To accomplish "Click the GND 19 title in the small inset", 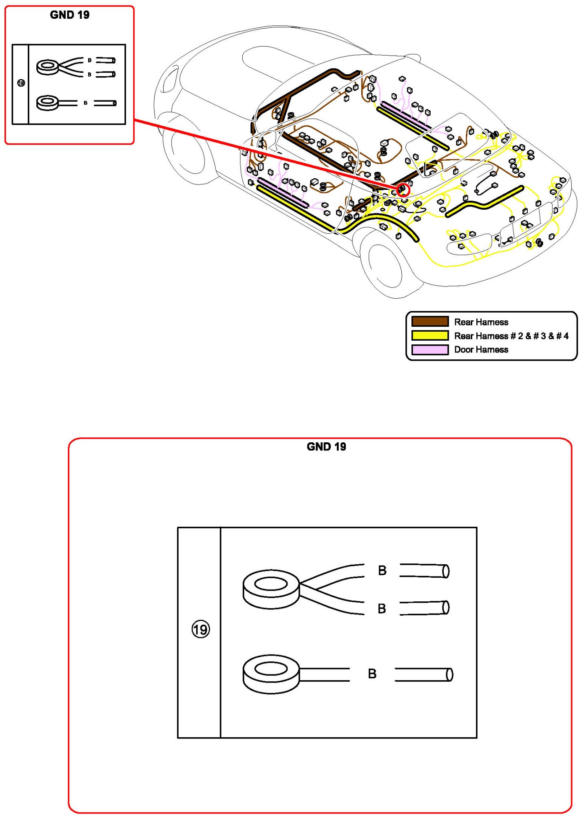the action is pyautogui.click(x=69, y=15).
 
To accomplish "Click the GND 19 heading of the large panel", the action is pyautogui.click(x=326, y=447).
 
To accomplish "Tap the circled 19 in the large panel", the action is pyautogui.click(x=201, y=630).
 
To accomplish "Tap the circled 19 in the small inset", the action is pyautogui.click(x=21, y=83).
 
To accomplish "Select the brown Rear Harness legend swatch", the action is pyautogui.click(x=430, y=322).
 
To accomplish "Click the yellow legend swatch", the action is pyautogui.click(x=430, y=335).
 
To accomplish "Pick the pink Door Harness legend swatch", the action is pyautogui.click(x=430, y=350).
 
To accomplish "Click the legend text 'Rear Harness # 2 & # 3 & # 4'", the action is pyautogui.click(x=511, y=336).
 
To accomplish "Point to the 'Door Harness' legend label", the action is pyautogui.click(x=481, y=350).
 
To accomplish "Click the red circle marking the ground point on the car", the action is pyautogui.click(x=403, y=190).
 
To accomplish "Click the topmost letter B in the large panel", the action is pyautogui.click(x=382, y=570).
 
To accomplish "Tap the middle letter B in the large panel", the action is pyautogui.click(x=382, y=609).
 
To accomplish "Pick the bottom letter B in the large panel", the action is pyautogui.click(x=372, y=674).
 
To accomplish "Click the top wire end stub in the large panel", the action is pyautogui.click(x=425, y=571).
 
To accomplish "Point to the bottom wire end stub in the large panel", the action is pyautogui.click(x=424, y=674).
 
